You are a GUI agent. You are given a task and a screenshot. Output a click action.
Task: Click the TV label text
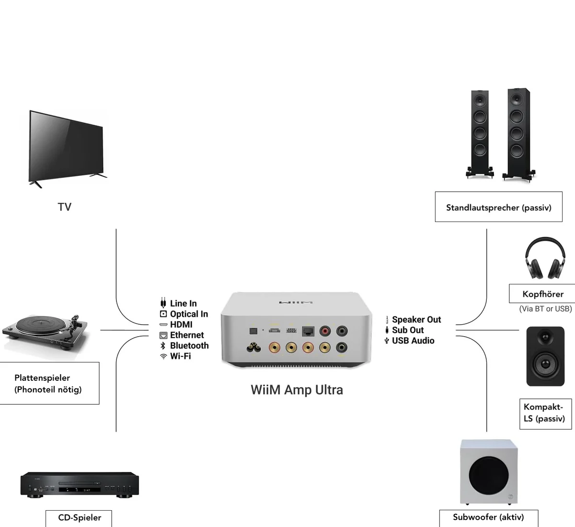click(64, 207)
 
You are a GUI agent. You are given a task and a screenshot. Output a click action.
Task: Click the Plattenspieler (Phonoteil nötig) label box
click(48, 384)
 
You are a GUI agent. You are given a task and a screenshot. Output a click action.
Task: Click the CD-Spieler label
click(80, 517)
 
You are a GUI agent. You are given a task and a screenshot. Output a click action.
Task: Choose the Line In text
click(183, 304)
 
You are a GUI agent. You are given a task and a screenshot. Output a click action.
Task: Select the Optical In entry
click(189, 314)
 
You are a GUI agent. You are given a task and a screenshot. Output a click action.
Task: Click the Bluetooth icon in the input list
click(163, 346)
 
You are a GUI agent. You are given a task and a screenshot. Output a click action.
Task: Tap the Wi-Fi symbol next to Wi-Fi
click(163, 356)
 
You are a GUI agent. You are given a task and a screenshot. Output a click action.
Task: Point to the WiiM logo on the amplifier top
click(296, 302)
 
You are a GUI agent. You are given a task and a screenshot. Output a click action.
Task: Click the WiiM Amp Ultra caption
click(297, 389)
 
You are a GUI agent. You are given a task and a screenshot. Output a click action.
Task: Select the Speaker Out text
click(416, 320)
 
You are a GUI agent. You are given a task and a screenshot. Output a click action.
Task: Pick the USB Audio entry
click(413, 341)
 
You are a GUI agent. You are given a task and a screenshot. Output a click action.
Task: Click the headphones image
click(542, 260)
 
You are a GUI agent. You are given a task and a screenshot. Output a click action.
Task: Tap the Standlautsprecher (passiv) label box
click(498, 208)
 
